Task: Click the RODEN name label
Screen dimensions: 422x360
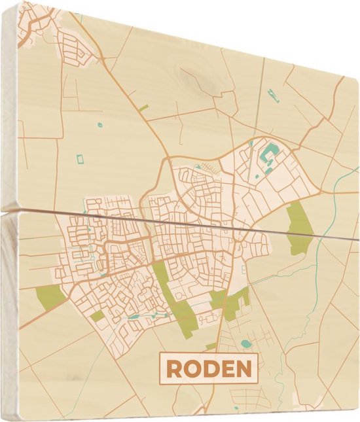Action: tap(209, 368)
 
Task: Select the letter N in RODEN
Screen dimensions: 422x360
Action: tap(243, 369)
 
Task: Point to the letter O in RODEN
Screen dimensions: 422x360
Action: tap(192, 369)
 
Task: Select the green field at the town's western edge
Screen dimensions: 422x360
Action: tap(51, 296)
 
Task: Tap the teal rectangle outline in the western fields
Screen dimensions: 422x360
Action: tap(81, 159)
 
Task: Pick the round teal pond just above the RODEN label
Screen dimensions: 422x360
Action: tap(245, 343)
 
